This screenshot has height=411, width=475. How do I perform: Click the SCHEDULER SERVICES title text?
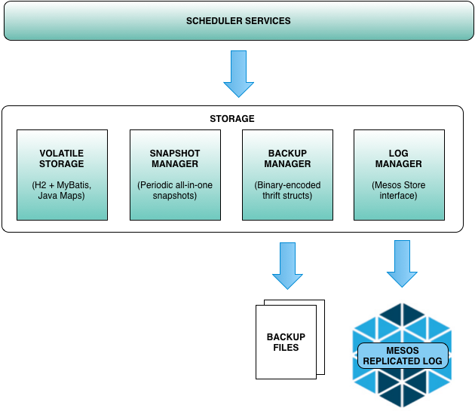(238, 20)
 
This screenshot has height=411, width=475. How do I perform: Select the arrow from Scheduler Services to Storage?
(239, 74)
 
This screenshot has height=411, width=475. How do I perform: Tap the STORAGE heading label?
(231, 119)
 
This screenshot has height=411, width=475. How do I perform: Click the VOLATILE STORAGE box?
(62, 175)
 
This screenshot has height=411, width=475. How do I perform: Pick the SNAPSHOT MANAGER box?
(175, 175)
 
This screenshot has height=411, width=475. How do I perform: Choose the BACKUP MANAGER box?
(287, 175)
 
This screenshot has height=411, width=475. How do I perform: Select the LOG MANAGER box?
(399, 175)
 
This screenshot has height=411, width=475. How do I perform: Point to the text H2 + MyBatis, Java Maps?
(62, 190)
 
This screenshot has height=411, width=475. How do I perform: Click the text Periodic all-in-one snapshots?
(175, 190)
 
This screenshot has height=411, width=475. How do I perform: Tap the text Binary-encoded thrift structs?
(287, 190)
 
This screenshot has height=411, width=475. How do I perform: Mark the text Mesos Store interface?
(399, 190)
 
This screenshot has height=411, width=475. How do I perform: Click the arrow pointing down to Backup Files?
(287, 266)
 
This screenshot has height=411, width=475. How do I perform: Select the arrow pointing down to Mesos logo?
(402, 263)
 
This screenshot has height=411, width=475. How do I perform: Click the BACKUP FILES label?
(287, 342)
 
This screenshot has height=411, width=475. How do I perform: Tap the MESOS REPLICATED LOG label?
(403, 356)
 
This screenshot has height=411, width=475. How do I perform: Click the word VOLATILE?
(62, 154)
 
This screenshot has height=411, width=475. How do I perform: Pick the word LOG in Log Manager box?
(399, 154)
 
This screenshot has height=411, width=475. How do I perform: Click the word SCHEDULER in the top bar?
(214, 20)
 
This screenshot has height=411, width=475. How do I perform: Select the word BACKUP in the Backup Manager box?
(287, 154)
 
